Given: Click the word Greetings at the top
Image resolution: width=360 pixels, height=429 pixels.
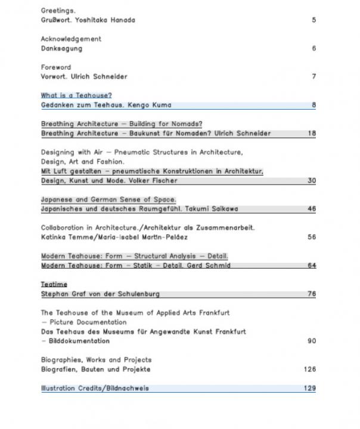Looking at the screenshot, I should tap(58, 10).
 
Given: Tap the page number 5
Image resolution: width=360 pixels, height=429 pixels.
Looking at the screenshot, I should tap(314, 20).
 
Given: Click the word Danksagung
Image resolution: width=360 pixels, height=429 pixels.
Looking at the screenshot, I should tap(61, 48).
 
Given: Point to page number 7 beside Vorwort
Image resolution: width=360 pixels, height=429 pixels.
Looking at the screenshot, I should tap(314, 77).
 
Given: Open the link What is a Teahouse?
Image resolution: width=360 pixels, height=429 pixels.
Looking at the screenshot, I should tap(76, 95).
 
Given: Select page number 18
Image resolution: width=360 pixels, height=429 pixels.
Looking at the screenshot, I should tap(312, 133).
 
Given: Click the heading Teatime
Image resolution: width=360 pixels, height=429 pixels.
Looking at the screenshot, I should tap(54, 284).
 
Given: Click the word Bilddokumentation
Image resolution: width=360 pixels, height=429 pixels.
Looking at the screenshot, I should tap(78, 341).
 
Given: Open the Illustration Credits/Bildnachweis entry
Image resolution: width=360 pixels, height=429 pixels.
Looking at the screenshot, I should tap(95, 388).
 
